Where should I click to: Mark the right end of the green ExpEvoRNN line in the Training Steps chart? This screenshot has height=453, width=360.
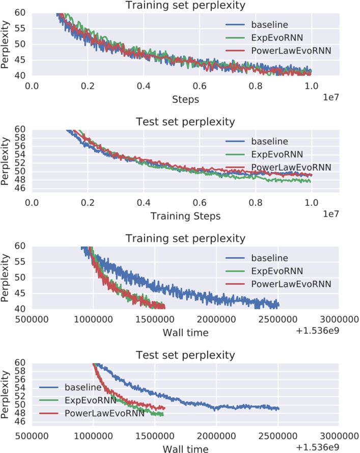pyautogui.click(x=311, y=181)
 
